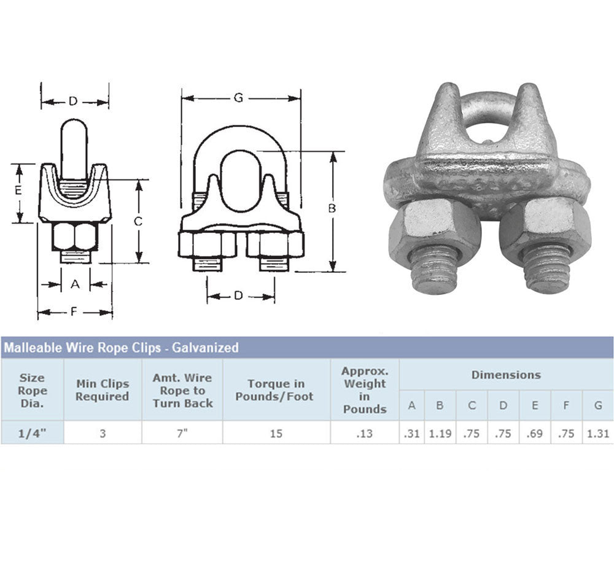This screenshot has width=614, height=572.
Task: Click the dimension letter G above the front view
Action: pyautogui.click(x=238, y=98)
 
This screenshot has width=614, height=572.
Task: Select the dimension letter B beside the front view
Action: pyautogui.click(x=332, y=208)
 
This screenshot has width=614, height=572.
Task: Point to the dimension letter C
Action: pyautogui.click(x=138, y=222)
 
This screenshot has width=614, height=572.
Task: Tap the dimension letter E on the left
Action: pyautogui.click(x=18, y=190)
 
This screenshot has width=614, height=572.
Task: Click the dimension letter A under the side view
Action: pyautogui.click(x=75, y=284)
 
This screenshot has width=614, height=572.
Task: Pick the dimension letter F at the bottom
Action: pyautogui.click(x=74, y=312)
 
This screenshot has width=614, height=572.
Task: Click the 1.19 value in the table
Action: pyautogui.click(x=440, y=434)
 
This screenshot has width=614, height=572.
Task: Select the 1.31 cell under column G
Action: pyautogui.click(x=598, y=434)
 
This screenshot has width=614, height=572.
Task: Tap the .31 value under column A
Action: pyautogui.click(x=411, y=434)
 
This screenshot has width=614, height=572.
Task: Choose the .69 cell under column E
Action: pyautogui.click(x=535, y=434)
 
